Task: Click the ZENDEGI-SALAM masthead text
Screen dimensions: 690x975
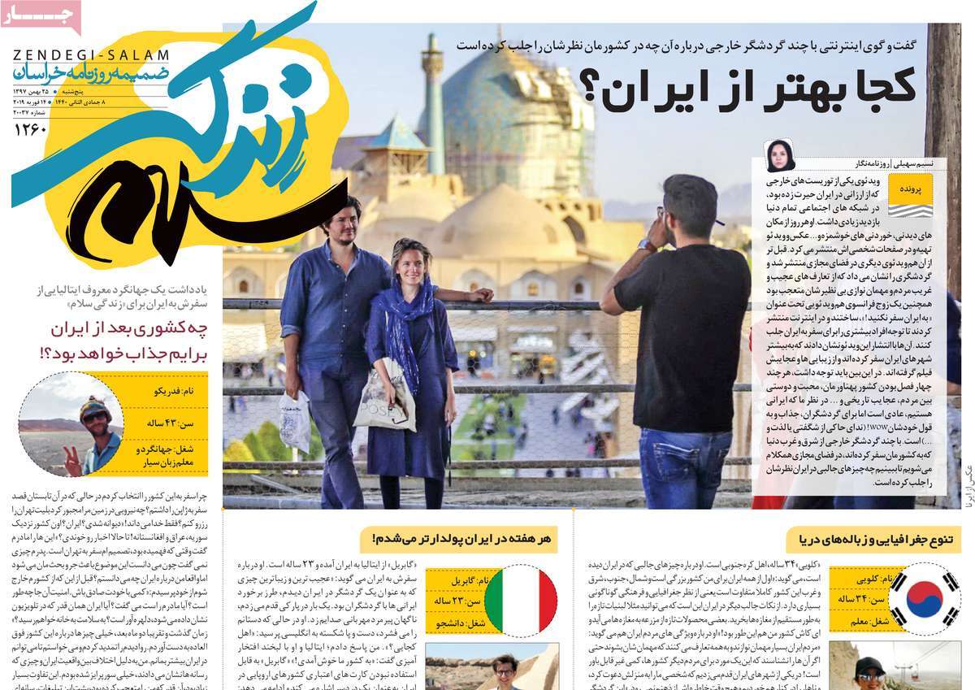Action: pos(91,55)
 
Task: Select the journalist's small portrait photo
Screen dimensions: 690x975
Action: pos(778,156)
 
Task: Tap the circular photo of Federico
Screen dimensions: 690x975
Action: pos(70,423)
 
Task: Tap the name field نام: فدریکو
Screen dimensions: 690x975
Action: pos(162,391)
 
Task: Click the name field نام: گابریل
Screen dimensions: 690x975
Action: pos(465,580)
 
